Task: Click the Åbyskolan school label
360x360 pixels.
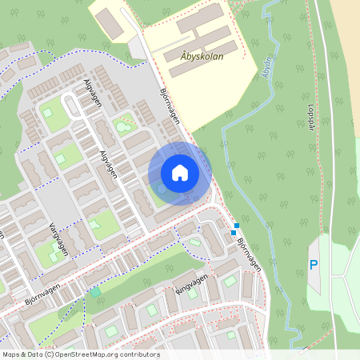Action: click(195, 58)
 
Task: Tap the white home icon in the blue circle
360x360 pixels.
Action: click(180, 173)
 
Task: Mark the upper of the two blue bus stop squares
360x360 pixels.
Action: click(237, 226)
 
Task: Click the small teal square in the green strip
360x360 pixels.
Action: click(95, 293)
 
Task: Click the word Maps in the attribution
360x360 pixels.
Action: click(10, 354)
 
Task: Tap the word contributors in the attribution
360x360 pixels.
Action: click(139, 354)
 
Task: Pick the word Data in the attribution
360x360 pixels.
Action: click(34, 354)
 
